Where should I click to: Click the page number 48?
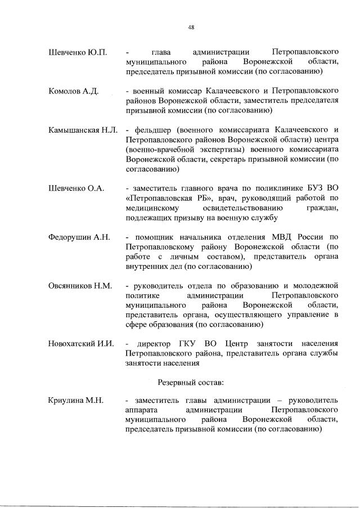pos(191,26)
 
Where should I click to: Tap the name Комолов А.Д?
pos(74,91)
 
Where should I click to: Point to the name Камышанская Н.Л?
pos(83,131)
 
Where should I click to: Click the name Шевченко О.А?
pos(76,188)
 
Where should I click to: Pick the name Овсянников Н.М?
pos(80,286)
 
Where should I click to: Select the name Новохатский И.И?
pos(82,343)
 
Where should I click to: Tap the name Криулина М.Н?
pos(76,401)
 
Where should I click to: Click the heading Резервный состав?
pos(191,382)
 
